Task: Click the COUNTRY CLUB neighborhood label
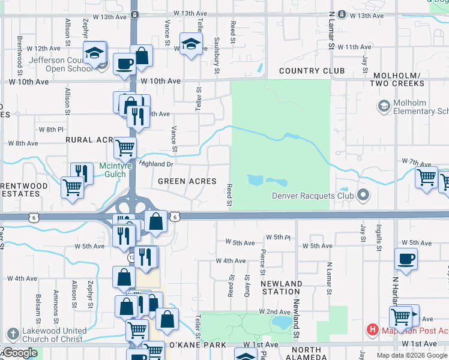[312, 71]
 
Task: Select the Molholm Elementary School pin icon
[384, 106]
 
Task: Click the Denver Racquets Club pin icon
[363, 195]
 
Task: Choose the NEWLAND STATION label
[282, 287]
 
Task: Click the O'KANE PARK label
[197, 345]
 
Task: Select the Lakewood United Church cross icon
[13, 334]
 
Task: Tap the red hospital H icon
[373, 329]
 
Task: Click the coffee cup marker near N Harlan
[406, 259]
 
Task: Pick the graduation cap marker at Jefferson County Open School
[94, 53]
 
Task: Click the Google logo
[19, 353]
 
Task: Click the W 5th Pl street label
[279, 238]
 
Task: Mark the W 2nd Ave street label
[274, 312]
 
